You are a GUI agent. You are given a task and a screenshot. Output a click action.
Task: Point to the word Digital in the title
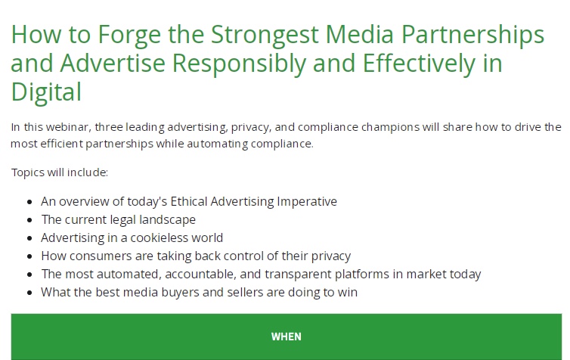pyautogui.click(x=46, y=92)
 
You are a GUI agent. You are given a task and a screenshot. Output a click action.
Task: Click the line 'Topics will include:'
pyautogui.click(x=60, y=172)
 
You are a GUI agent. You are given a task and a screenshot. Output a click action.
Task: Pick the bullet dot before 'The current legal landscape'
pyautogui.click(x=29, y=220)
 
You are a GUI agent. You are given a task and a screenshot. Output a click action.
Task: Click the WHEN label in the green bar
pyautogui.click(x=286, y=337)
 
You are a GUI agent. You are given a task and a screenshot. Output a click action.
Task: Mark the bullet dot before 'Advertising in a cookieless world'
pyautogui.click(x=29, y=238)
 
